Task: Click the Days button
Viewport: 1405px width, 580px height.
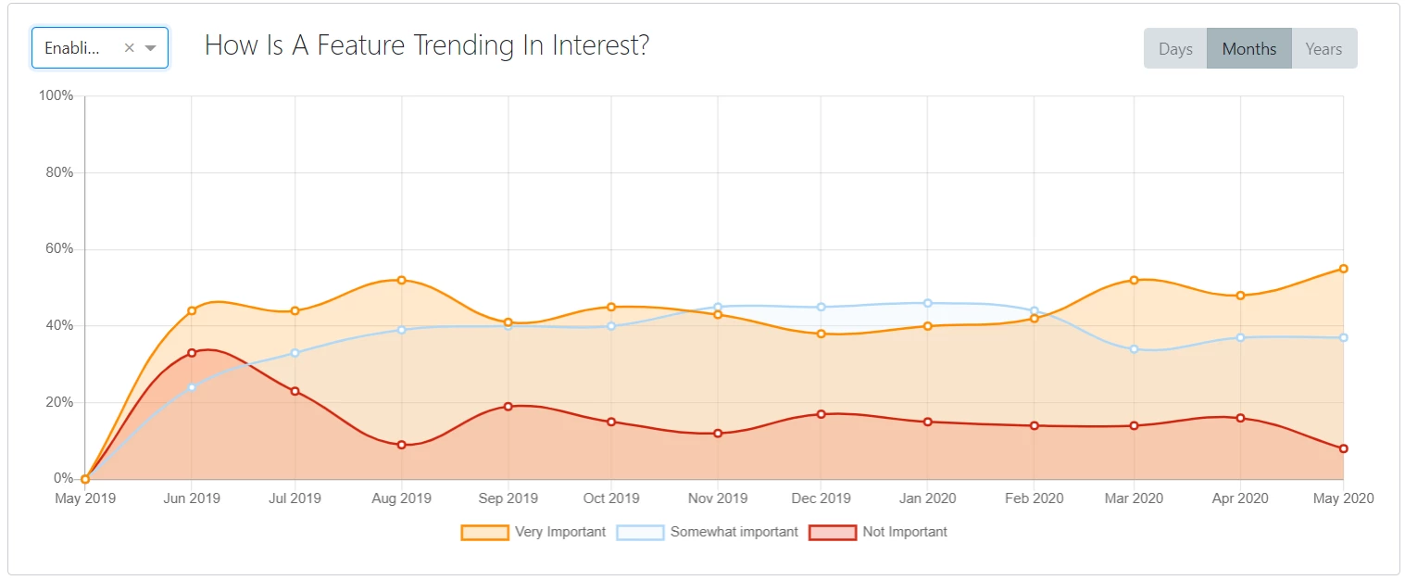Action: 1175,49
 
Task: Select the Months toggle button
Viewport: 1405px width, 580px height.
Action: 1248,49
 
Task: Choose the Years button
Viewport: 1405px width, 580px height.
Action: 1323,49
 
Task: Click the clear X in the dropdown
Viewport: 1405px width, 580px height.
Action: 130,48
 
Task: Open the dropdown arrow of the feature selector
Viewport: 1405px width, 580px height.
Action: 151,48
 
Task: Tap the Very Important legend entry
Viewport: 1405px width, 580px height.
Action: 533,532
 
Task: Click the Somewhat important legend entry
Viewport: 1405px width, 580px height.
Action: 709,532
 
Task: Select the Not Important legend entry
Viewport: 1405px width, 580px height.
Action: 879,532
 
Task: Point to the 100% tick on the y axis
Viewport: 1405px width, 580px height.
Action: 55,96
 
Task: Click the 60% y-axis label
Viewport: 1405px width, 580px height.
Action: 56,249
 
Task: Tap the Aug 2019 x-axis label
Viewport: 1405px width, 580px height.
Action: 401,498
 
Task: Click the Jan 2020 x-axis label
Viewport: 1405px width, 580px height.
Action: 927,498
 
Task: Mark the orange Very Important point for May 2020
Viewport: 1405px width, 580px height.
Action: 1343,269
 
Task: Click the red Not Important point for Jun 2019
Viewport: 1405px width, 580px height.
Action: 192,353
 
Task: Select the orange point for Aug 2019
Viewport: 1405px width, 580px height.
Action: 401,280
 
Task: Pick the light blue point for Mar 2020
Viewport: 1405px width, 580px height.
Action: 1134,349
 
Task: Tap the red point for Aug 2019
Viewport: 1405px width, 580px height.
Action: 401,445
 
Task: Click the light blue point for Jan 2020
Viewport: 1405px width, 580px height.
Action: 927,303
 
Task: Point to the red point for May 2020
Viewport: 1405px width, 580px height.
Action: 1343,448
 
